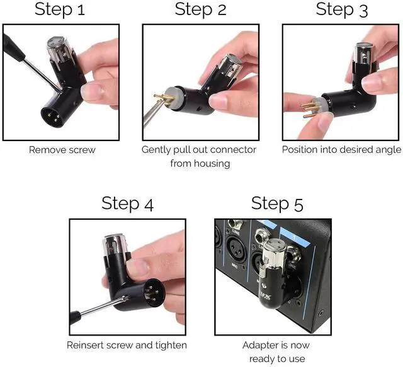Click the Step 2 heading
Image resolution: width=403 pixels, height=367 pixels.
pos(201,10)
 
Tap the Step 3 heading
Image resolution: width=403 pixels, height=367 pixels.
pos(342,10)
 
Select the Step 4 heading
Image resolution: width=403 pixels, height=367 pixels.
pos(127,204)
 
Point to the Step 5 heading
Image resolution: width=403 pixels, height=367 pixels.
pos(277,204)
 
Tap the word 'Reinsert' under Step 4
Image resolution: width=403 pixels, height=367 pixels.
pos(86,346)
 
